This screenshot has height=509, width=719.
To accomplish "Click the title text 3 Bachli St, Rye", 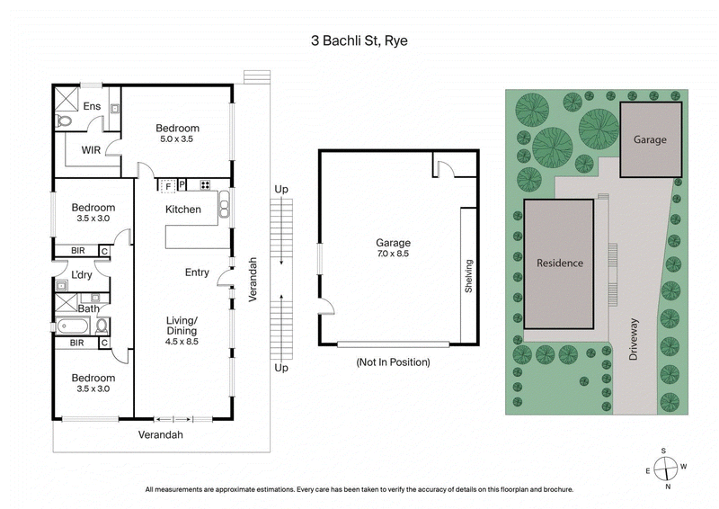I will (359, 40).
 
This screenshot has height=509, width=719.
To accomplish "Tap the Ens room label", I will (92, 106).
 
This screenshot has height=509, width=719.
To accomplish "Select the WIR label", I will (91, 149).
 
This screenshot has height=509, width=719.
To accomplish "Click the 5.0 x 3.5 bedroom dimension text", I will (177, 139).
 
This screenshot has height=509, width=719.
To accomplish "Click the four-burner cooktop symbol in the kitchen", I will (205, 186).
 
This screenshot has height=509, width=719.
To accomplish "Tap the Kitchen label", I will (182, 210).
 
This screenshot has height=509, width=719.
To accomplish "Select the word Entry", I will (197, 272).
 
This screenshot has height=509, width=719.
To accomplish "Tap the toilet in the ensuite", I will (64, 121).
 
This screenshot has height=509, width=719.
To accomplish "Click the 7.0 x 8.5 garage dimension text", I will (393, 254).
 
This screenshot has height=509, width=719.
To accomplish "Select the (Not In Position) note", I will (393, 362).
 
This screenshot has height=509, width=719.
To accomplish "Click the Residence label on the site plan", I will (559, 263).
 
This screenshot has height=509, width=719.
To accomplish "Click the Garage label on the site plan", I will (650, 139).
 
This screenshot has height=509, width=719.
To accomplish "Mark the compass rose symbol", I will (665, 468).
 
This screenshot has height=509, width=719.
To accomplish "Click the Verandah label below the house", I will (160, 434).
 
